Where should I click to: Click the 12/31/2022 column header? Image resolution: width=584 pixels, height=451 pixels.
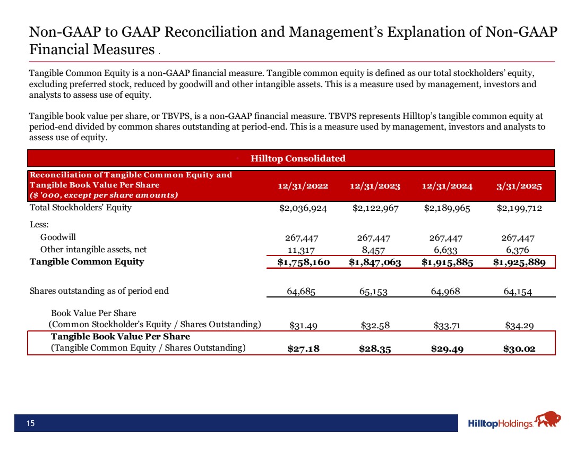coord(303,186)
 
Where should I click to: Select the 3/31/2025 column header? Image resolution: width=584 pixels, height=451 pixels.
coord(519,186)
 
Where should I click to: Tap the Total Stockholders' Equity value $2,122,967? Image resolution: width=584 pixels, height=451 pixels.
coord(376,208)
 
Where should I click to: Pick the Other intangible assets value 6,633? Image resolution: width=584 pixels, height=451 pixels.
coord(447,250)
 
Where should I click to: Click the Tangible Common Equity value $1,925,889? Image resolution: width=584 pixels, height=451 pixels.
coord(519,262)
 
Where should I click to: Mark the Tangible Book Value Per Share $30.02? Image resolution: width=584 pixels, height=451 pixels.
coord(519,348)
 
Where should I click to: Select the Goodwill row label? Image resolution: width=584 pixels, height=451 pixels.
coord(62,239)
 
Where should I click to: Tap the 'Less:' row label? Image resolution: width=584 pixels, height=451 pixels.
coord(39,224)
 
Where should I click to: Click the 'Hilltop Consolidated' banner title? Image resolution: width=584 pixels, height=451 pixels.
coord(298,158)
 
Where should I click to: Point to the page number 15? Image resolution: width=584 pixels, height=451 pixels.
coord(31,423)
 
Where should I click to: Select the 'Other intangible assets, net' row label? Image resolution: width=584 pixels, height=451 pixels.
coord(93,250)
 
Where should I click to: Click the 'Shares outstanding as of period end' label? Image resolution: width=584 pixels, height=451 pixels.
coord(99,291)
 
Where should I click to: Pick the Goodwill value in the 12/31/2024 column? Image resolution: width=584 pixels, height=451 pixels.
coord(447,239)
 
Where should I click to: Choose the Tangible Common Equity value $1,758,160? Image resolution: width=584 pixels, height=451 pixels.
coord(300,262)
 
